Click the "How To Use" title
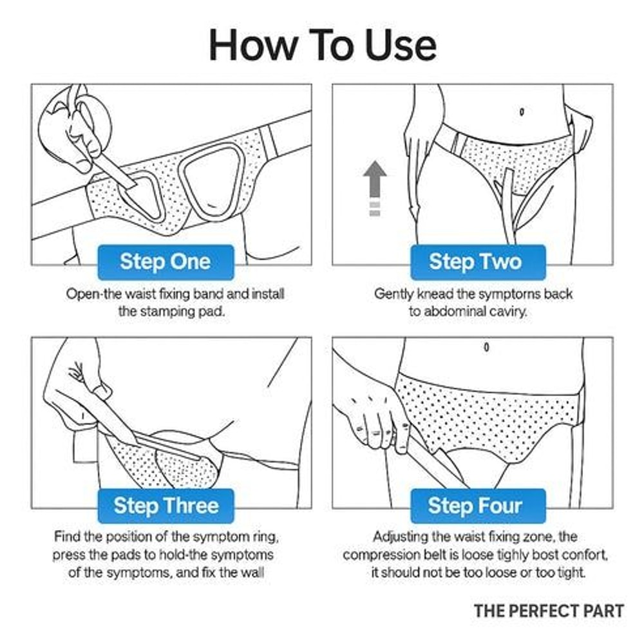322,45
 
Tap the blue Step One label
165,262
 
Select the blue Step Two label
475,262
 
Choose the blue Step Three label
166,506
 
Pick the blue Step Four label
475,506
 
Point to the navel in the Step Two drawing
521,111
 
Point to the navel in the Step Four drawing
486,348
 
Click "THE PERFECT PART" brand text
549,611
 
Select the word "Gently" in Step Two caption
393,294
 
